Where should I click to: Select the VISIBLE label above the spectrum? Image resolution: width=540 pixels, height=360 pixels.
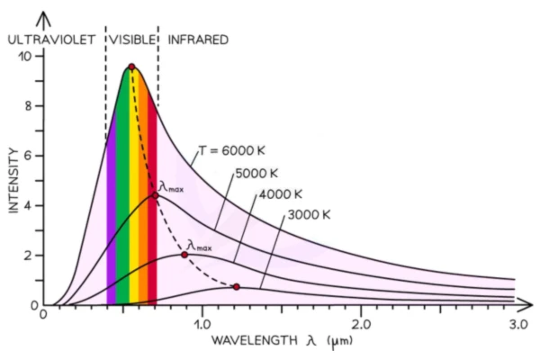click(131, 40)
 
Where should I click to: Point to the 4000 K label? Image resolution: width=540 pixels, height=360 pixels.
click(280, 194)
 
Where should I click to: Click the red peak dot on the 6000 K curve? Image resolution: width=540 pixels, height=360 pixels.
click(131, 67)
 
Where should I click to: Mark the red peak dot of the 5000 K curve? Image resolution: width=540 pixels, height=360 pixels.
click(154, 194)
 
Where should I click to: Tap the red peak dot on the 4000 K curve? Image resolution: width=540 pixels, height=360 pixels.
click(184, 255)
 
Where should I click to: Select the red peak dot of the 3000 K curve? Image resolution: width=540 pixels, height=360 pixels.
click(236, 287)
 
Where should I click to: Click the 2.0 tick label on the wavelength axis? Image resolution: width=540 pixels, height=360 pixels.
click(361, 322)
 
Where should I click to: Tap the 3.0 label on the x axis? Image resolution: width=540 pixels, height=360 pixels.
click(516, 322)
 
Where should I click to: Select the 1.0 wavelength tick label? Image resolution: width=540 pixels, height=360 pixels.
click(202, 322)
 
